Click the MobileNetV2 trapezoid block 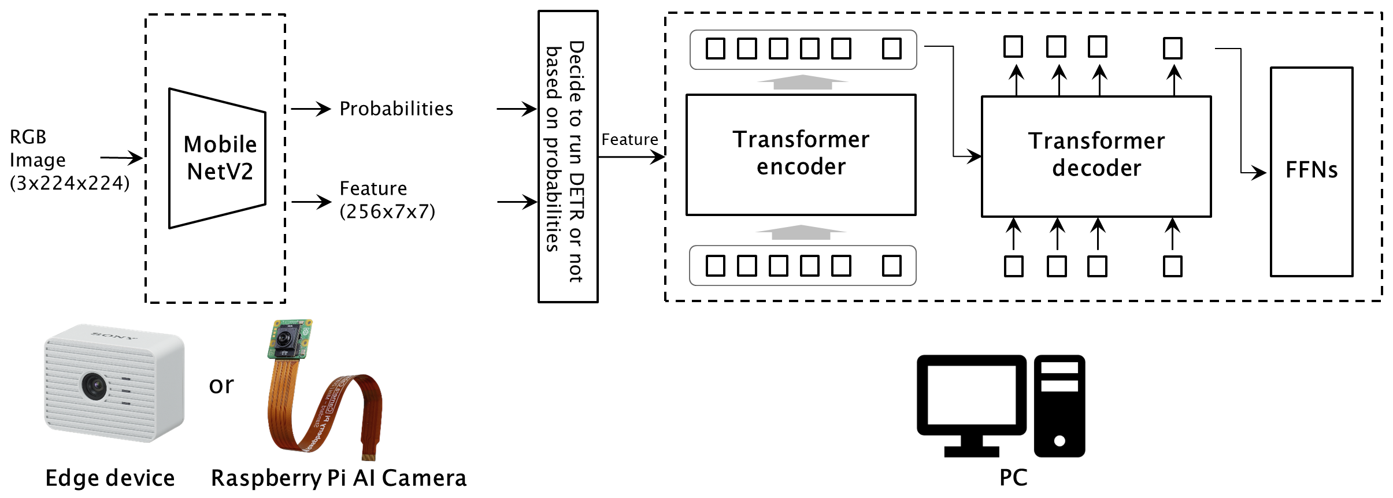point(217,158)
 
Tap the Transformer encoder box point(801,154)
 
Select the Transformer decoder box point(1096,156)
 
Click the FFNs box point(1311,172)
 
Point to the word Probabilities point(396,109)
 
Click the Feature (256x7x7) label point(387,200)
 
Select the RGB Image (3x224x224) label point(68,160)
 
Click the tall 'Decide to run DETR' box point(568,156)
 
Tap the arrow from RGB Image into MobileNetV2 point(121,157)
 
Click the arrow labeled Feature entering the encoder point(631,156)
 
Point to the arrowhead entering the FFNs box point(1260,172)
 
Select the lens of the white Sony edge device point(93,385)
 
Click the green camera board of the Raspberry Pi point(289,339)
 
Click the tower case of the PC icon point(1059,406)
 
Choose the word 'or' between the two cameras point(221,385)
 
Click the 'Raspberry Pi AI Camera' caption point(338,478)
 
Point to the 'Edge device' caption point(110,478)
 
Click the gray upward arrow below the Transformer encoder point(801,232)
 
